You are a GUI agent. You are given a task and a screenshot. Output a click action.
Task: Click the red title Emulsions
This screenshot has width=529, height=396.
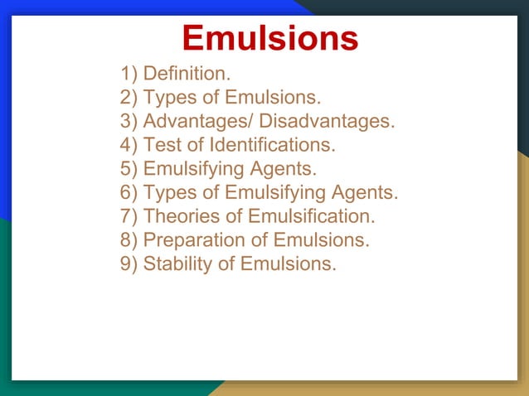pyautogui.click(x=270, y=38)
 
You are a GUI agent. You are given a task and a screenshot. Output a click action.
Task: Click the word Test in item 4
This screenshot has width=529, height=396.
pyautogui.click(x=160, y=146)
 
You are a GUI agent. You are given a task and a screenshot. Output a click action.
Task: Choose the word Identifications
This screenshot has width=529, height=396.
pyautogui.click(x=271, y=146)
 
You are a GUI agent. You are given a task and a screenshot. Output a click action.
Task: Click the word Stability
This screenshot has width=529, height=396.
pyautogui.click(x=175, y=264)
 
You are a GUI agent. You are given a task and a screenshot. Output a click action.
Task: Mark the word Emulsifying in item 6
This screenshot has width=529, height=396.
pyautogui.click(x=272, y=193)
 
